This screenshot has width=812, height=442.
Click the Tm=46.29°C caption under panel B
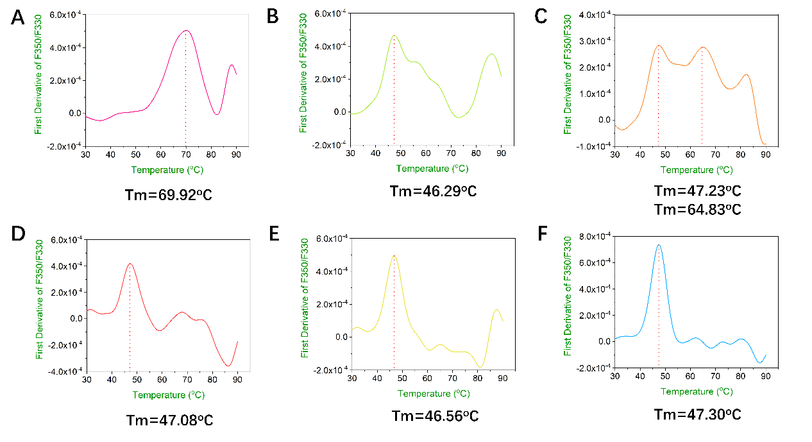pyautogui.click(x=433, y=191)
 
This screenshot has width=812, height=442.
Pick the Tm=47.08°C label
pyautogui.click(x=169, y=421)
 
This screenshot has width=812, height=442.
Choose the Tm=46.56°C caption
pyautogui.click(x=436, y=415)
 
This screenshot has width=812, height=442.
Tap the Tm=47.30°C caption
pyautogui.click(x=698, y=414)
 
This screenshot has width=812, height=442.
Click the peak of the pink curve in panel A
pyautogui.click(x=186, y=31)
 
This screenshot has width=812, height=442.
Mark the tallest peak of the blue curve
pyautogui.click(x=659, y=244)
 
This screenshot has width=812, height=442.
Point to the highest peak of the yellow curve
pyautogui.click(x=394, y=255)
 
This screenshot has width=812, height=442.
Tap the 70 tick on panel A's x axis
pyautogui.click(x=186, y=155)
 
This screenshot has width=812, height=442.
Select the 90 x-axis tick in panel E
pyautogui.click(x=503, y=378)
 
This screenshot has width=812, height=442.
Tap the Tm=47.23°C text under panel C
pyautogui.click(x=698, y=191)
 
